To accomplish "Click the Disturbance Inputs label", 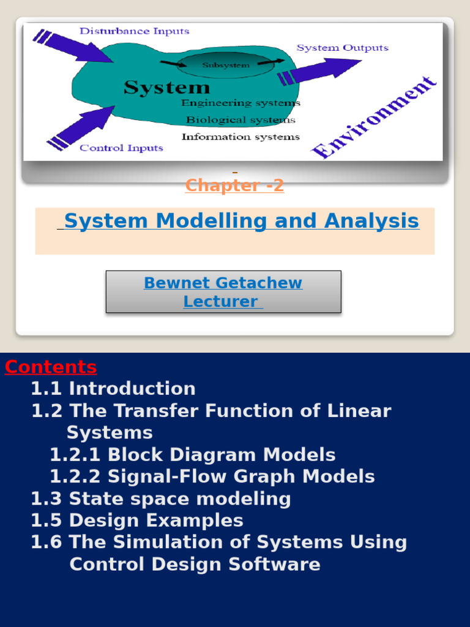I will coord(134,31).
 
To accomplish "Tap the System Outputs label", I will coord(342,48).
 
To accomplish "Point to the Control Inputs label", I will coord(122,148).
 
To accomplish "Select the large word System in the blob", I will coord(166,88).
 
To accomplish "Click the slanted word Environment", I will coord(374,118).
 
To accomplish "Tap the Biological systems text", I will coord(241,120).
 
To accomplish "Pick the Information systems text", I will coord(241,137).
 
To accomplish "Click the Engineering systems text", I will coord(241,103).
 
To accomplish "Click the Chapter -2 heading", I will coord(234,186).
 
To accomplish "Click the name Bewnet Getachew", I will coord(223,283).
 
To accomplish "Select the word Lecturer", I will coord(221,301).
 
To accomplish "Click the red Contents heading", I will coord(51,367).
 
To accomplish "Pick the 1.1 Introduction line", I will coord(113,389).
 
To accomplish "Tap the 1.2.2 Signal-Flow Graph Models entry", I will coord(212,476).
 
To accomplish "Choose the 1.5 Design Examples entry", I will coord(137,520).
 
